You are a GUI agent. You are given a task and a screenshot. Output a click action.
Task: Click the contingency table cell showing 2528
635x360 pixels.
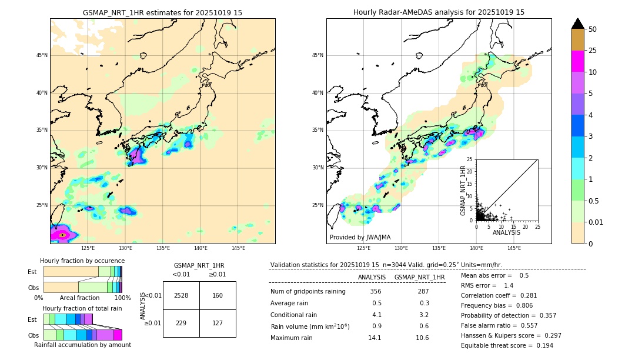(x=181, y=295)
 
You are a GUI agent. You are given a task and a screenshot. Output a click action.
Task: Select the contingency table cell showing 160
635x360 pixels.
(x=218, y=295)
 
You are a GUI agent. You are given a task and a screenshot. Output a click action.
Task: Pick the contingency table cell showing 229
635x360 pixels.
(x=181, y=322)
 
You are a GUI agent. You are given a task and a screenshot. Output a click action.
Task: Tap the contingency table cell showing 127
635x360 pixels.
(x=218, y=322)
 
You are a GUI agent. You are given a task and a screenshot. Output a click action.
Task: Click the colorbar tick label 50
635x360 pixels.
(x=593, y=29)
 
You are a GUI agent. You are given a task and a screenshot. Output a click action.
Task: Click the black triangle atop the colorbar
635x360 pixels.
(x=578, y=24)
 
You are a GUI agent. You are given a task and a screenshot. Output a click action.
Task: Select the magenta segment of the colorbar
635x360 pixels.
(x=578, y=61)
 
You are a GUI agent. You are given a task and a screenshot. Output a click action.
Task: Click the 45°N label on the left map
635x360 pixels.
(x=42, y=55)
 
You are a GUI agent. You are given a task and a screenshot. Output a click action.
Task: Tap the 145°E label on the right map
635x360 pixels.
(x=514, y=248)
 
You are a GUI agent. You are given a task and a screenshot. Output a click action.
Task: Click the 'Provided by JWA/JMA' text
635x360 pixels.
(x=360, y=237)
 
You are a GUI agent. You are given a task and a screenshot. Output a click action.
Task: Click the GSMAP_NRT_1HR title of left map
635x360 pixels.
(x=162, y=12)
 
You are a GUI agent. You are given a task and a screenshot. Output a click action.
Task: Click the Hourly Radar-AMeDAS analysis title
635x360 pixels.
(x=439, y=12)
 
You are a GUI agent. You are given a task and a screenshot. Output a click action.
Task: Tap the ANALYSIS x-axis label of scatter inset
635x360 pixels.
(x=506, y=232)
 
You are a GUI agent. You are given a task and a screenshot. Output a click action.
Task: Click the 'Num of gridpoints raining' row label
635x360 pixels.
(x=308, y=292)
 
